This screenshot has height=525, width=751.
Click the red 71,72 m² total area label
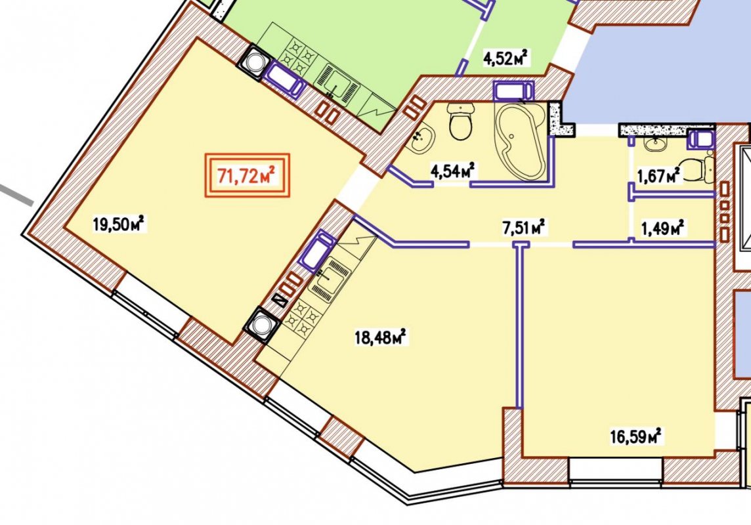(x=247, y=175)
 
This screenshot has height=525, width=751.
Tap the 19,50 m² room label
(x=119, y=224)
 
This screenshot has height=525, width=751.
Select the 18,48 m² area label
(x=380, y=337)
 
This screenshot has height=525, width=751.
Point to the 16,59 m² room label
(x=636, y=436)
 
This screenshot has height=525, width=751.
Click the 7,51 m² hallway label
(x=524, y=227)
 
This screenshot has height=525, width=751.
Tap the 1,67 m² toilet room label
(x=658, y=176)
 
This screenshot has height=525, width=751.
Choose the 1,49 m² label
(x=663, y=227)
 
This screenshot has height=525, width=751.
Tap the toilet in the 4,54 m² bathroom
(x=461, y=121)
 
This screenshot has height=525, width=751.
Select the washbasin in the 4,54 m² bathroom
(x=423, y=138)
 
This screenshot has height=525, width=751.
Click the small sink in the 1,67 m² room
(x=654, y=142)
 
